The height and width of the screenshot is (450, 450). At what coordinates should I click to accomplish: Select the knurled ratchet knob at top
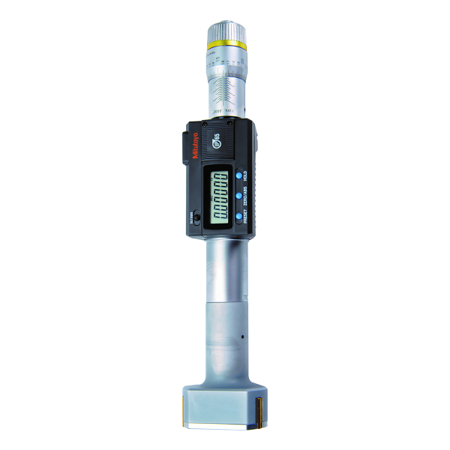pos(224,29)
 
